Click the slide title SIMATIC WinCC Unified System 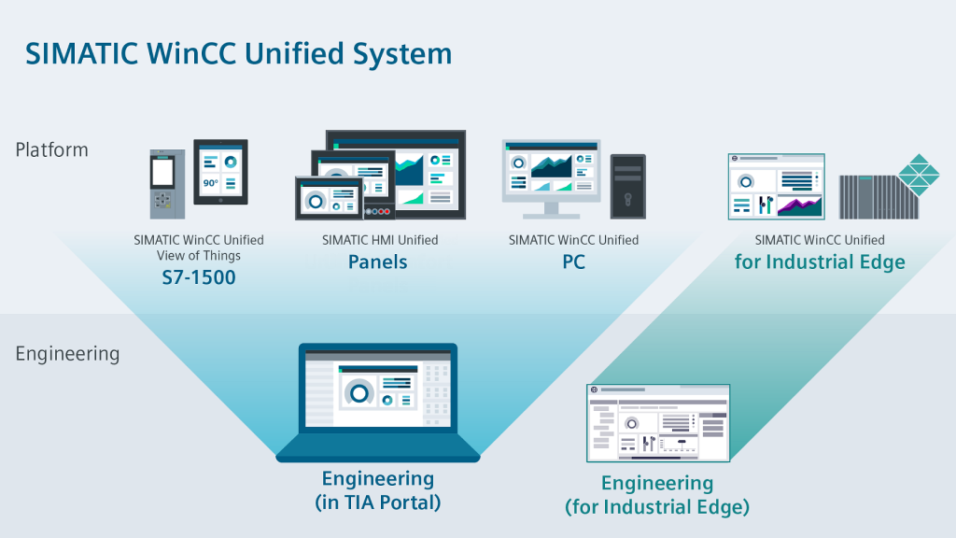coord(238,53)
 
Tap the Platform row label coord(52,149)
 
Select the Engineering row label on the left coord(67,354)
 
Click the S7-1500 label coord(198,276)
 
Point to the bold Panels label coord(378,262)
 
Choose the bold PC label coord(573,262)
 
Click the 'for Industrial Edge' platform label coord(820,262)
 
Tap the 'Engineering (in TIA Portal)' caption coord(378,490)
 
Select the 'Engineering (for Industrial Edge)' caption coord(657,495)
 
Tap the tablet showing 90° coord(220,172)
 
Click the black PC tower coord(627,186)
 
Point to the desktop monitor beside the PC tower coord(550,173)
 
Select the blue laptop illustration coord(378,402)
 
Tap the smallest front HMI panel coord(329,197)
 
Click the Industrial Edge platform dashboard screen coord(776,187)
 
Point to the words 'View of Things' coord(198,256)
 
